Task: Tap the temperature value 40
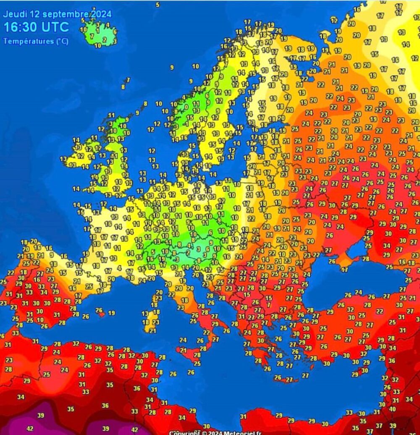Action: (x=392, y=409)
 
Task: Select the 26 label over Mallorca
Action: (x=99, y=310)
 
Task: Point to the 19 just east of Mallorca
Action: (x=111, y=313)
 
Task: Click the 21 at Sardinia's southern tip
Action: (x=152, y=331)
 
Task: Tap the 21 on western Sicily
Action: (x=184, y=350)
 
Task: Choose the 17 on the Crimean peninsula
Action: (x=344, y=270)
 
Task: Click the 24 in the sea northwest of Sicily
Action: (x=183, y=340)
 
